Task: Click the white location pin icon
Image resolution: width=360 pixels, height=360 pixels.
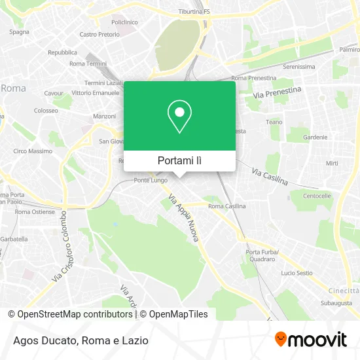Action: point(179,117)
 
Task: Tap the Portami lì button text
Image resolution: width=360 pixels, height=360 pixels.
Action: point(179,160)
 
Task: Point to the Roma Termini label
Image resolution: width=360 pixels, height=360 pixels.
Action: point(87,63)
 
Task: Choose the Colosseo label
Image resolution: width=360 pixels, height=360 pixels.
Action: point(46,111)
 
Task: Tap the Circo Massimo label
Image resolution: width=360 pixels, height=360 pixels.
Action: point(33,151)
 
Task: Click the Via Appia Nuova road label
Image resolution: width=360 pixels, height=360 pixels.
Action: point(184,219)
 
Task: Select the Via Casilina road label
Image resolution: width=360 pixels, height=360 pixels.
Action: point(270,175)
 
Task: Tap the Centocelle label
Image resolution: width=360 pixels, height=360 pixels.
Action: point(317,196)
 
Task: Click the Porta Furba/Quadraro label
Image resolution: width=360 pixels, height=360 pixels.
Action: point(262,255)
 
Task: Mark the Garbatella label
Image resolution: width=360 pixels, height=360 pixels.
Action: point(14,239)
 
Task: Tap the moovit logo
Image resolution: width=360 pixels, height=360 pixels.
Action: point(310,339)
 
